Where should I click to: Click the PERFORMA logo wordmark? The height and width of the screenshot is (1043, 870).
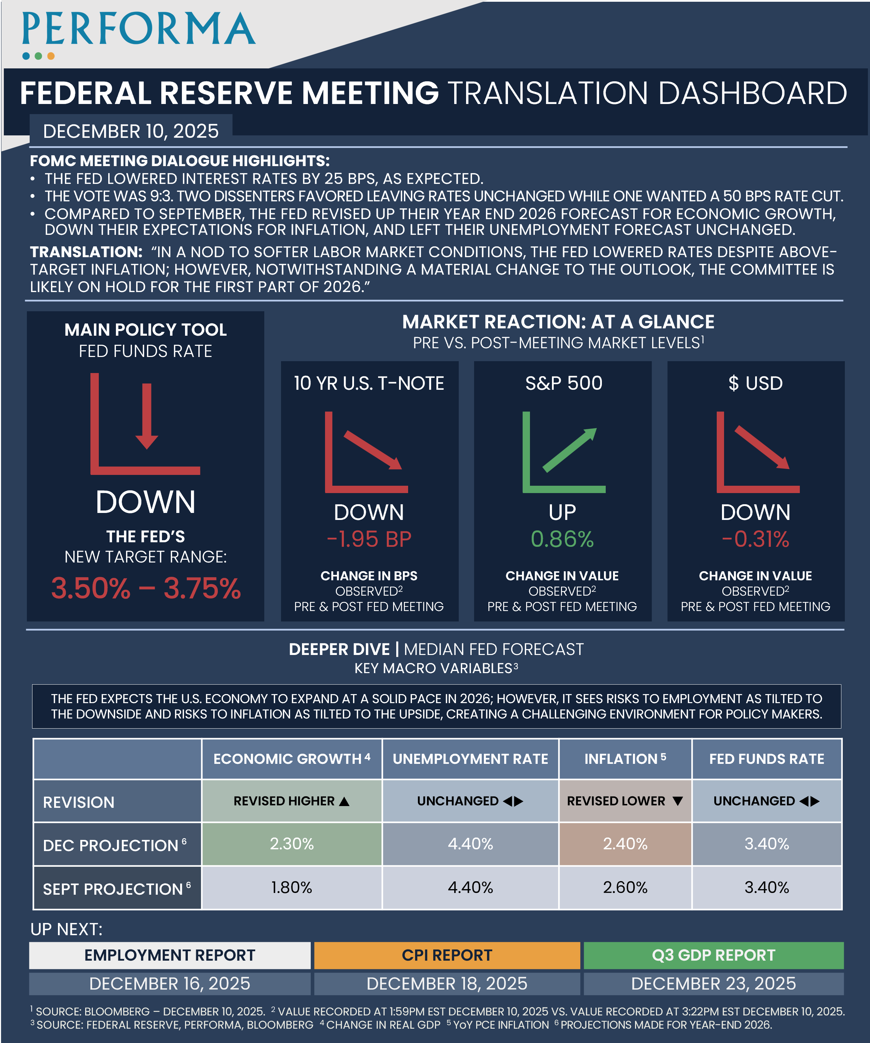point(139,29)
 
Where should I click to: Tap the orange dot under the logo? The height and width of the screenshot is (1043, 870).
point(51,56)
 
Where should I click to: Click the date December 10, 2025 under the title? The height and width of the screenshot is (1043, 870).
point(131,131)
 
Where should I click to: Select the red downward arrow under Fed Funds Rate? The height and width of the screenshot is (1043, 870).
point(147,416)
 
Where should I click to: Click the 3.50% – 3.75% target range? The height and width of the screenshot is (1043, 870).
point(146,589)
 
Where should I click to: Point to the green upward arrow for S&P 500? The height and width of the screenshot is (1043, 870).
point(569,449)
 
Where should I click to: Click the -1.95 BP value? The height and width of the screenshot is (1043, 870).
point(369,539)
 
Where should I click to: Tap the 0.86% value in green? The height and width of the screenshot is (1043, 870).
point(562,539)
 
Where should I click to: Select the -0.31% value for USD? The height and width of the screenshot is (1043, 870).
point(755,539)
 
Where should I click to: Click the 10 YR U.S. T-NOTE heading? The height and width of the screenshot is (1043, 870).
point(369,383)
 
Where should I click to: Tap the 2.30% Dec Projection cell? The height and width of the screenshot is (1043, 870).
point(292,844)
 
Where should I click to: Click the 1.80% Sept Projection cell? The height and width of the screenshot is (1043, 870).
point(292,887)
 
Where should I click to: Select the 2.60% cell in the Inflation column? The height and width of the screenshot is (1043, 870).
point(625,887)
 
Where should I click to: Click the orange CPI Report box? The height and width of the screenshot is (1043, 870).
point(447,955)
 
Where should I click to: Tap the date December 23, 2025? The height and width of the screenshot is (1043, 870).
point(714,983)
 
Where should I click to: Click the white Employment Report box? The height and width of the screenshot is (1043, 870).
point(169,955)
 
